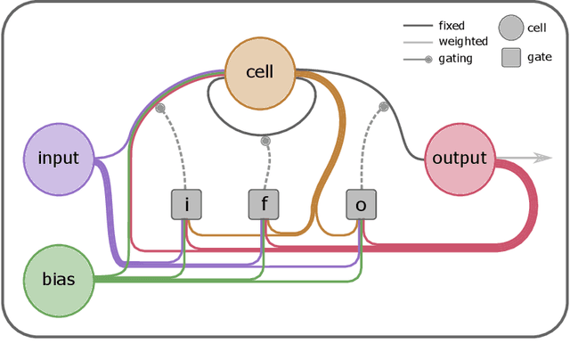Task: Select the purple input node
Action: [x=59, y=159]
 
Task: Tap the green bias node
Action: [x=59, y=279]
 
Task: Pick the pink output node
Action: [x=460, y=159]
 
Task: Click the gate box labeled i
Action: [x=186, y=205]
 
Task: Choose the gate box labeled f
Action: [x=264, y=205]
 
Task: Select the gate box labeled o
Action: [x=361, y=205]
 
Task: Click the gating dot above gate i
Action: [x=160, y=109]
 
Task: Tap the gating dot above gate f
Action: [x=265, y=141]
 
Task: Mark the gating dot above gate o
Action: [x=384, y=107]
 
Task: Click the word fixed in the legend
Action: [x=451, y=26]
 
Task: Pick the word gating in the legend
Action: [x=455, y=58]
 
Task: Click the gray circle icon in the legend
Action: [x=511, y=29]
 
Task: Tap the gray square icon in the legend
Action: [x=511, y=58]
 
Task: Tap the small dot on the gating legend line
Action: [x=428, y=59]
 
